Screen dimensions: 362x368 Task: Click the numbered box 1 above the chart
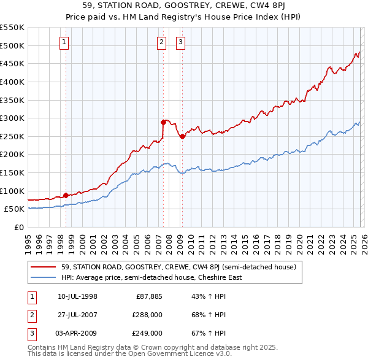point(65,42)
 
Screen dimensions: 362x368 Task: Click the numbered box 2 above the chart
point(161,42)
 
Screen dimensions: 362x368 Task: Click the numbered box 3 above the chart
point(181,42)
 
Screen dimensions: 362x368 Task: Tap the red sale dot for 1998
point(66,195)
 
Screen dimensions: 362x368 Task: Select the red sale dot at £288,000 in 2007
point(164,122)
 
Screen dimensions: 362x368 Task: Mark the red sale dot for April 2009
point(182,136)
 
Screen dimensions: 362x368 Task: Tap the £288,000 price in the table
point(147,315)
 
